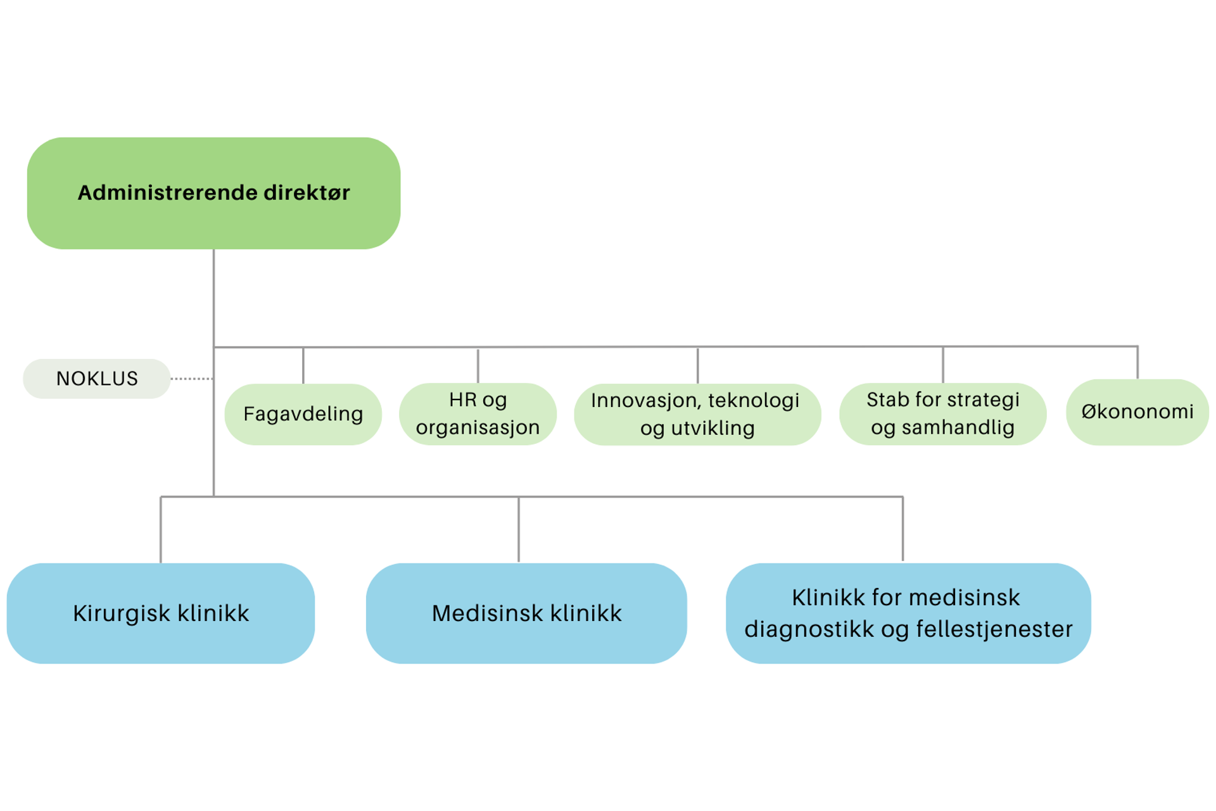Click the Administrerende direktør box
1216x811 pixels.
[213, 192]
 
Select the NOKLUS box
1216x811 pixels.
[96, 379]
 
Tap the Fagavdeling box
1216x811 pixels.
[303, 414]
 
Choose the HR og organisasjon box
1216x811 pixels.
[478, 414]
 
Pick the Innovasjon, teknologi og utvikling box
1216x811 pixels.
[697, 414]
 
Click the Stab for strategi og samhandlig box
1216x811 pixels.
[942, 414]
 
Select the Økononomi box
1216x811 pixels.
[1137, 412]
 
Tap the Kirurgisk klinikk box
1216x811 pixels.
[160, 613]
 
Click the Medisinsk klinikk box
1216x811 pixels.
[526, 613]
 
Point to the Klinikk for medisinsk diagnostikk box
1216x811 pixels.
[908, 613]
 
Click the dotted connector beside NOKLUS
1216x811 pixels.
[191, 379]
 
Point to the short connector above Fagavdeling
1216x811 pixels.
[303, 365]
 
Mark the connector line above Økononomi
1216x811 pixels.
[1137, 363]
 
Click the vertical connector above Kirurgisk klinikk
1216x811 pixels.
[161, 529]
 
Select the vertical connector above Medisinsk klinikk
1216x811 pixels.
[519, 529]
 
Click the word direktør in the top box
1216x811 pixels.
[307, 192]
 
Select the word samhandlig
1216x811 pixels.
[958, 427]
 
